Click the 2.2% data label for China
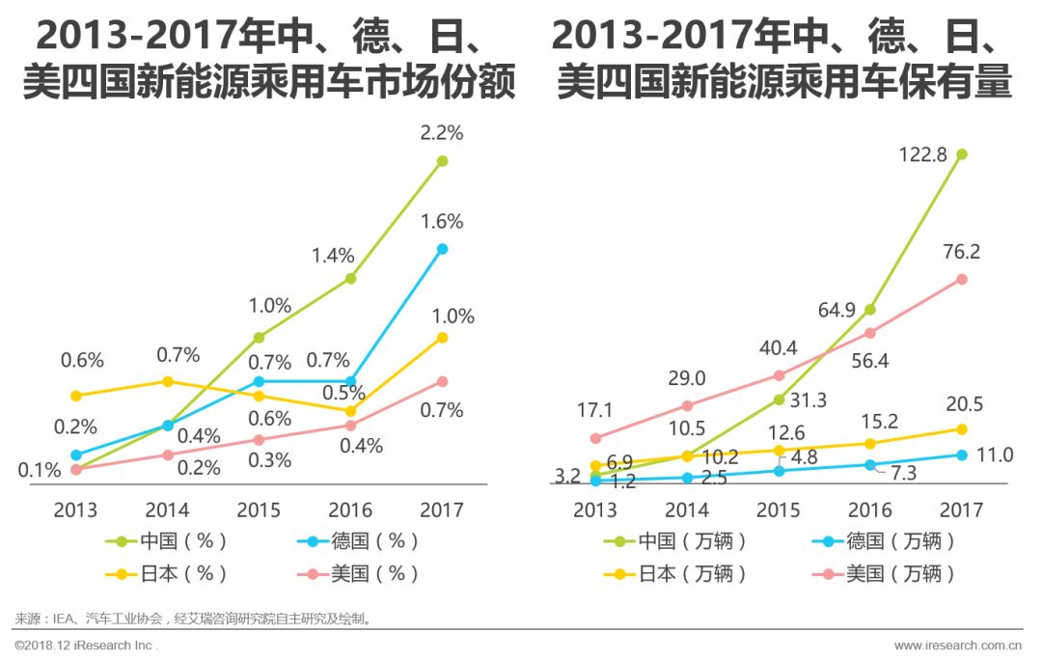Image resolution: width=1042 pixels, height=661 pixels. tap(442, 133)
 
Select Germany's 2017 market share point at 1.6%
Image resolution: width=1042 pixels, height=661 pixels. tap(442, 249)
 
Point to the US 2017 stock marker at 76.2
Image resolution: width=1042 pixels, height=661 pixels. tap(961, 279)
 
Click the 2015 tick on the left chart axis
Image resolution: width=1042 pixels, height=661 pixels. tap(259, 510)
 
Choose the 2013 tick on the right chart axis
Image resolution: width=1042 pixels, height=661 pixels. tap(594, 510)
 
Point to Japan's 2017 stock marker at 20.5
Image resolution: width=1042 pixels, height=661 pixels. tap(961, 428)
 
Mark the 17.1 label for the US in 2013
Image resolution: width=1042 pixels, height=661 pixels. tap(594, 409)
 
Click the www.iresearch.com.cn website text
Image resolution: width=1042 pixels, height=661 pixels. tap(958, 645)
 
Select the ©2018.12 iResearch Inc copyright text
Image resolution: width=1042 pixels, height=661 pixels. tap(87, 645)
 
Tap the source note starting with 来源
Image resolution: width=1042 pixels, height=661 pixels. tap(193, 618)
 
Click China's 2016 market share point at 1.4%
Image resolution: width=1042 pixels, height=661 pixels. tap(350, 278)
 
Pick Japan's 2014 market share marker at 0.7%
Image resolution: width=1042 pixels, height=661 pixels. tap(167, 381)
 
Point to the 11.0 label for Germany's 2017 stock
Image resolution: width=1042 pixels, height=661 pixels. tap(994, 455)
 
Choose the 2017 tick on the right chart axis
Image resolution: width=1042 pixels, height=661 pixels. tap(961, 510)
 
